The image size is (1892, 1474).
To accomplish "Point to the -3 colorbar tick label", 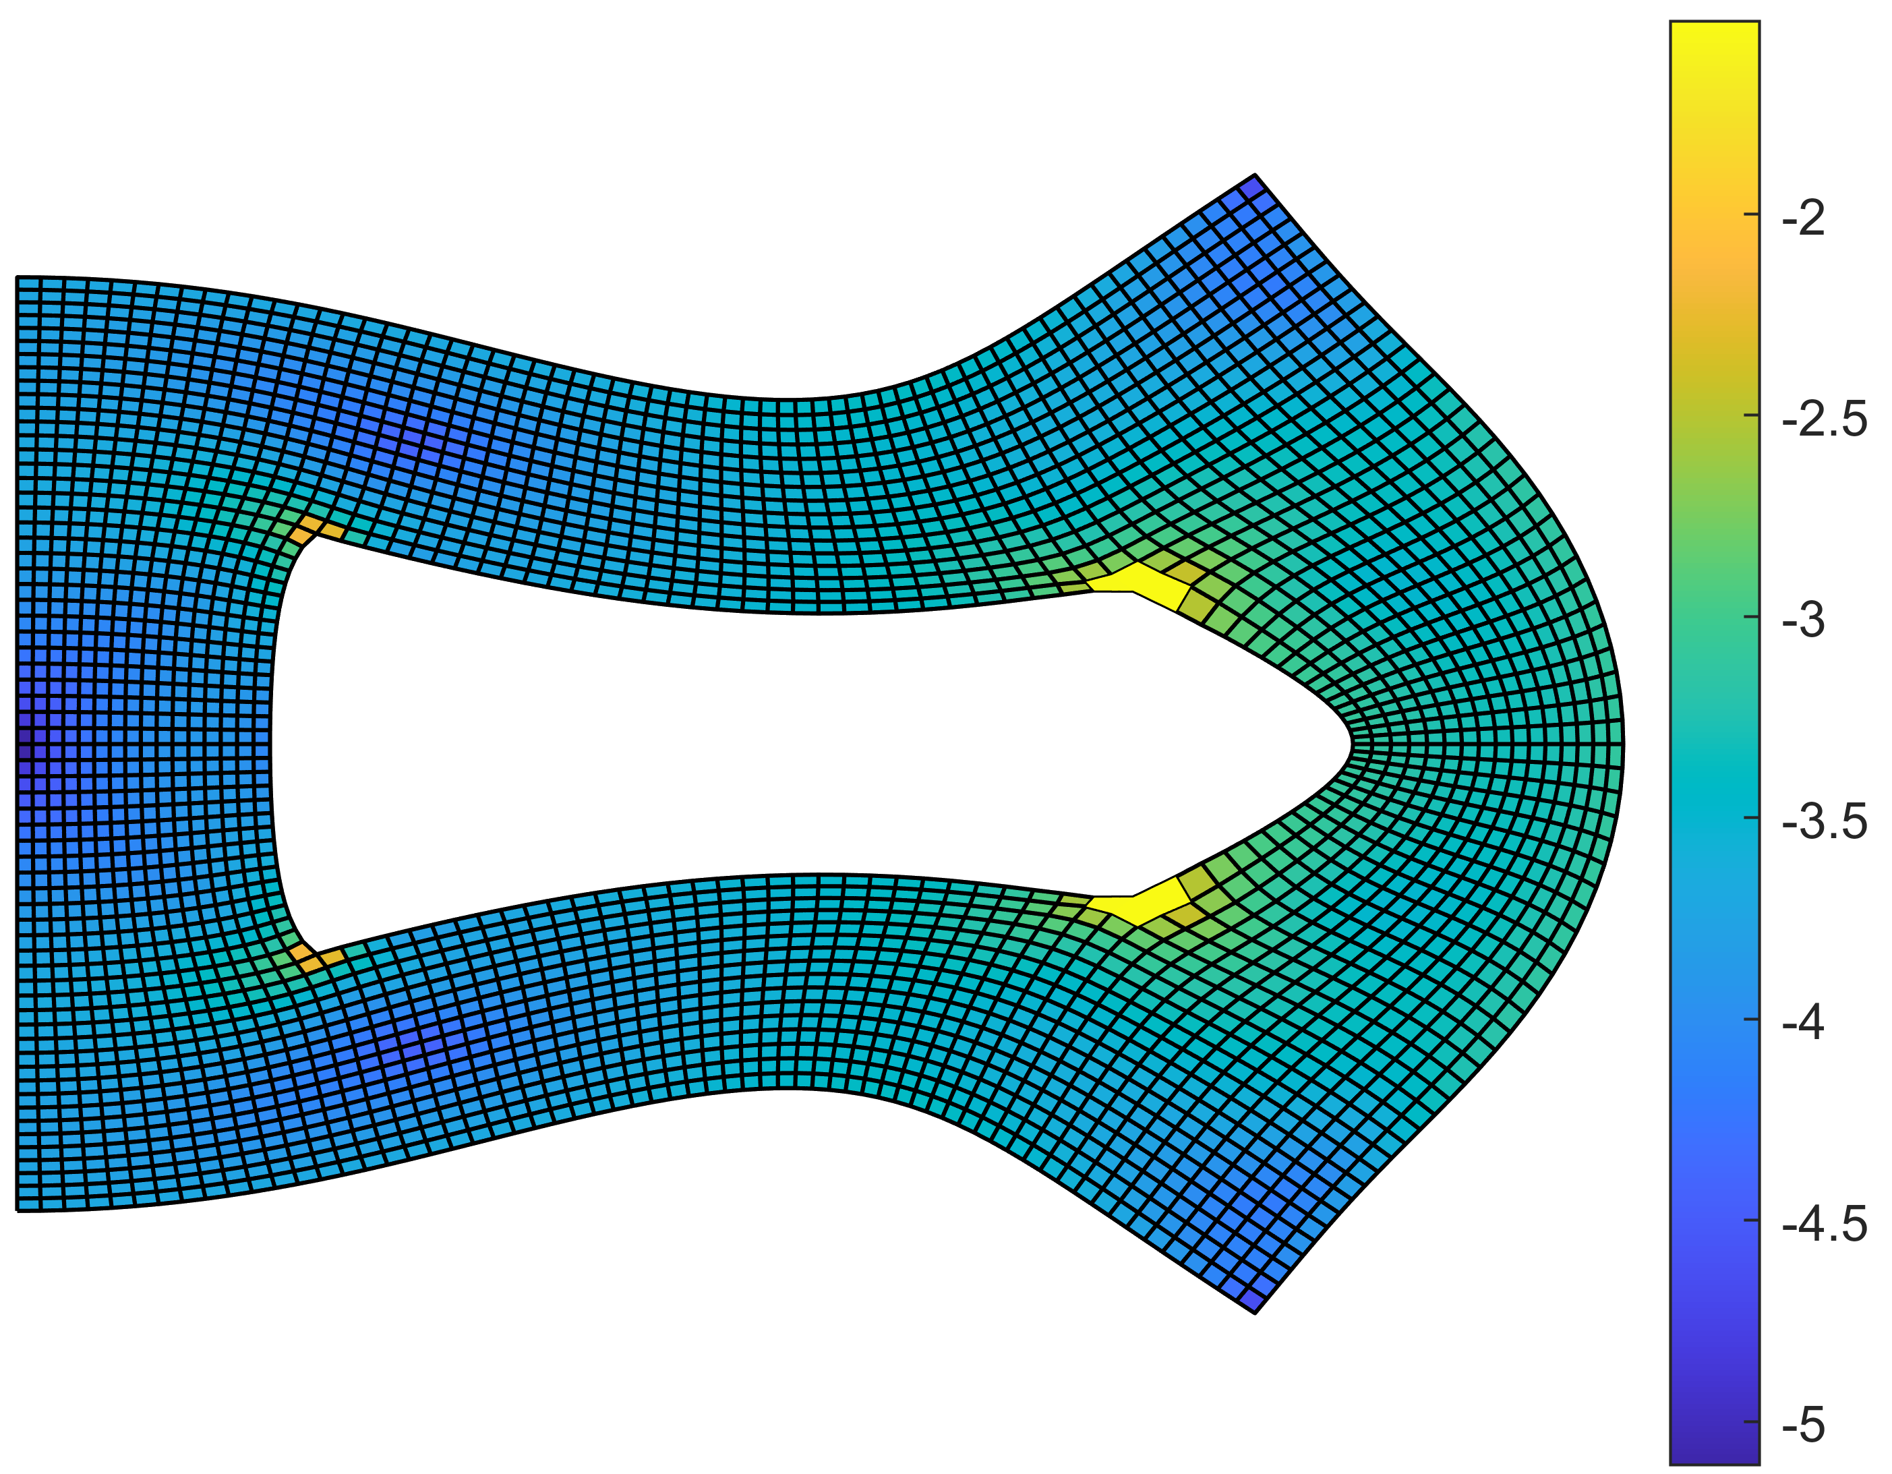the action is [x=1804, y=622].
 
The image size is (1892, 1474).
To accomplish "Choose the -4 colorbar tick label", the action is [x=1804, y=1025].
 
